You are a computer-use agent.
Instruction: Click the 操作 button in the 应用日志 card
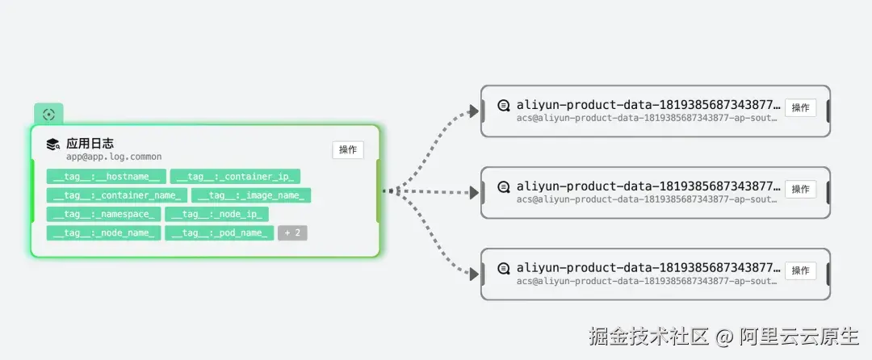coord(348,150)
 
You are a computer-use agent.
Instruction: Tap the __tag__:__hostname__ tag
coord(107,177)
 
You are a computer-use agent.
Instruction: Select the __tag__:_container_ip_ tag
coord(235,177)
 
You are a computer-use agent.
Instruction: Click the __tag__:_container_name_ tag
coord(117,195)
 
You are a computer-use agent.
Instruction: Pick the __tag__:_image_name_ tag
coord(251,195)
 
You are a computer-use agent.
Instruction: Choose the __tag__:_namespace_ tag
coord(104,215)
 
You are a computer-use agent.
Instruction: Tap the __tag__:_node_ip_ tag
coord(217,215)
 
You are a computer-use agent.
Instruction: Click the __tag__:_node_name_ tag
coord(104,233)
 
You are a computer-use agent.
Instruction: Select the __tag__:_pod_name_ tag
coord(220,233)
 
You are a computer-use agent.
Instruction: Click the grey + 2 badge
coord(292,233)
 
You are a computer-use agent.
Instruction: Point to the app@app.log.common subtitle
coord(114,157)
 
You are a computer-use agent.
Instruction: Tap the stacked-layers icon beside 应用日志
coord(53,145)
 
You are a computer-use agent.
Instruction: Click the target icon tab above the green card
coord(49,115)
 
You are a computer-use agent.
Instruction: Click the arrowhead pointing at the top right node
coord(473,111)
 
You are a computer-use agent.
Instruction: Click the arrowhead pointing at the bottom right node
coord(473,274)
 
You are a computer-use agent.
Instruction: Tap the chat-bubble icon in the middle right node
coord(504,187)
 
